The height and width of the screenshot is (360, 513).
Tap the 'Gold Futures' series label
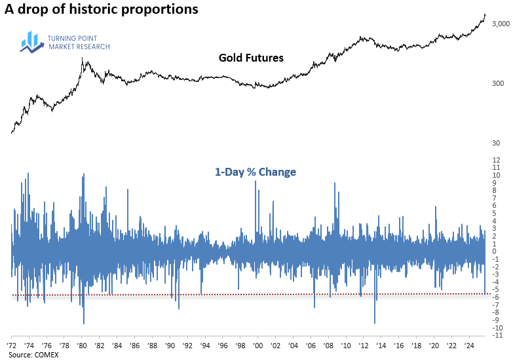pyautogui.click(x=251, y=58)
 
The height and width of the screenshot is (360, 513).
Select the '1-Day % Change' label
pyautogui.click(x=256, y=172)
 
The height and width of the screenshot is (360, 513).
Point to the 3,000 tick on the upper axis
pyautogui.click(x=500, y=24)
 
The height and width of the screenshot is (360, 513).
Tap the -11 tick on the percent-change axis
pyautogui.click(x=499, y=335)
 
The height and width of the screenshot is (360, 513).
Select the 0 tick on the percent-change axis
pyautogui.click(x=496, y=251)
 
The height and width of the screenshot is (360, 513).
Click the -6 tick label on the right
pyautogui.click(x=497, y=297)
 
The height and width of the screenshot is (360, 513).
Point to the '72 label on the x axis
pyautogui.click(x=12, y=344)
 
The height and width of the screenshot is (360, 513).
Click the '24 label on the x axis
pyautogui.click(x=470, y=344)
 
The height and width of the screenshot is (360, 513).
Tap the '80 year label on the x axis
pyautogui.click(x=82, y=344)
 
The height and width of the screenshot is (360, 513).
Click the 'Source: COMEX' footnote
pyautogui.click(x=31, y=354)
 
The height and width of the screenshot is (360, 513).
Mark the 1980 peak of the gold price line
pyautogui.click(x=82, y=59)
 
